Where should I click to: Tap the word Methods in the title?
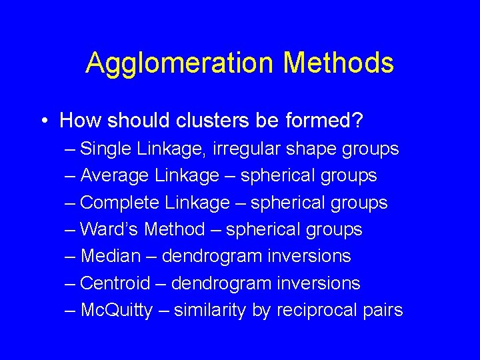pos(338,63)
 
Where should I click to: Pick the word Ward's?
pos(109,229)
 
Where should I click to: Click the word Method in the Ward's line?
pos(175,229)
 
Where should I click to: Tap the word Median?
pos(110,256)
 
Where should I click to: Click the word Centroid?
pos(115,283)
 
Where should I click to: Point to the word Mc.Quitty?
pos(116,311)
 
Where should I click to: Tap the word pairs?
pos(383,311)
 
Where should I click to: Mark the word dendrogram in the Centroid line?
pos(219,283)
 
